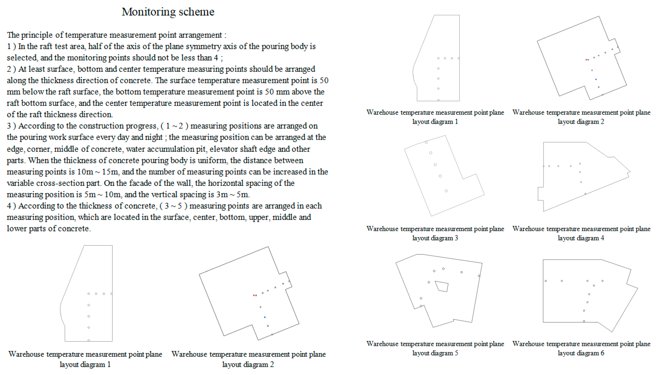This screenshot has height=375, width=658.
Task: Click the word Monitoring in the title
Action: [x=148, y=12]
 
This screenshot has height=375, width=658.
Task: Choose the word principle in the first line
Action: [x=37, y=35]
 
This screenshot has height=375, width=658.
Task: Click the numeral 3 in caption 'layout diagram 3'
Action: [x=456, y=238]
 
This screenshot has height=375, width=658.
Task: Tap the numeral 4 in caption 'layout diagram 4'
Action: [x=602, y=238]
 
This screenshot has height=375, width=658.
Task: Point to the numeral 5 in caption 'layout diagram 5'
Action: [x=456, y=353]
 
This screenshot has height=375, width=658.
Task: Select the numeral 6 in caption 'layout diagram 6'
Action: [x=602, y=353]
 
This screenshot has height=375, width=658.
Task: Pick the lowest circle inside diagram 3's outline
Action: [x=446, y=191]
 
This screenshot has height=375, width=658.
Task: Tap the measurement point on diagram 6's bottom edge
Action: [x=584, y=321]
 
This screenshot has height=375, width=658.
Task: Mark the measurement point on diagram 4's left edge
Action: [x=544, y=166]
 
